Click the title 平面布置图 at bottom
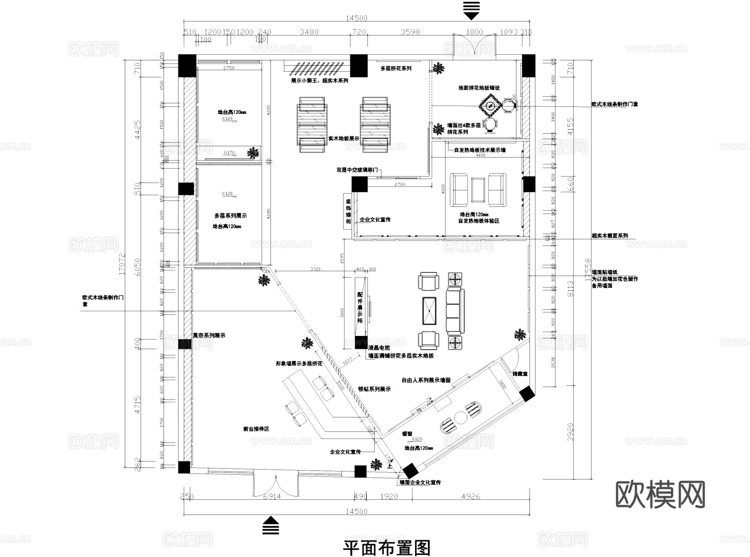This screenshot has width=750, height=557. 386,548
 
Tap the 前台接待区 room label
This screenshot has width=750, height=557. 256,428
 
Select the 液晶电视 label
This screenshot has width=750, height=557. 379,348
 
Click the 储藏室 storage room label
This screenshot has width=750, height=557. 520,374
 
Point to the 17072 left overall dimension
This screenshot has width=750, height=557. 122,264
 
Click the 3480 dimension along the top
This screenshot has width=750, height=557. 309,32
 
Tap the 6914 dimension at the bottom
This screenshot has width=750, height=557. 272,497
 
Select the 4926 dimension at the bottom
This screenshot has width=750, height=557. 470,497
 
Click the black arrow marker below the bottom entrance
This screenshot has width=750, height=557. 271,525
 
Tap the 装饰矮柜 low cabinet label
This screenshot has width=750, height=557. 348,211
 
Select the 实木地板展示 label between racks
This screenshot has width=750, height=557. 343,138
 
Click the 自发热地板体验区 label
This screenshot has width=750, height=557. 479,221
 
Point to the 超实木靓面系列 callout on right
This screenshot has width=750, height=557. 610,236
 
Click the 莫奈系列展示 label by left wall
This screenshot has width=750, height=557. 209,335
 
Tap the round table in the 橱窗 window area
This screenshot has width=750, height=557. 461,417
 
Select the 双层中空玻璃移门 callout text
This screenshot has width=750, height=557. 357,170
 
